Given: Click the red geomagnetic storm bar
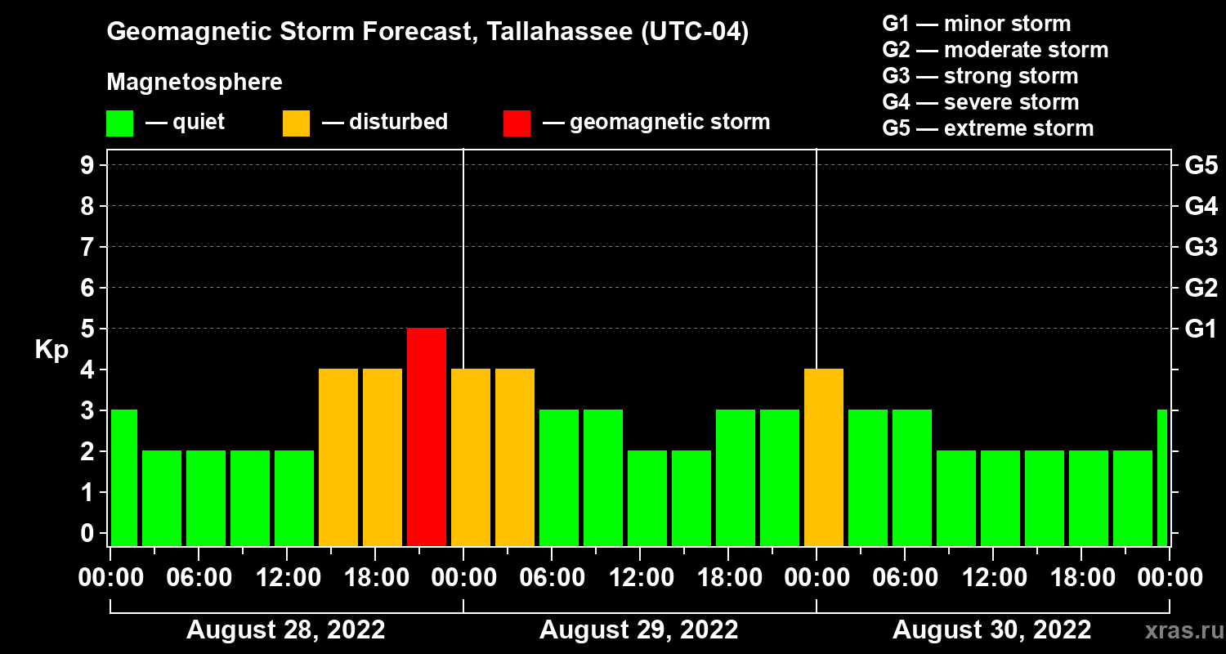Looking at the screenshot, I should click(x=427, y=437).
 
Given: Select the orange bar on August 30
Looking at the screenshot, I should click(x=824, y=457).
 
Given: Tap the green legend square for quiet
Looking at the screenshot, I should click(x=119, y=123).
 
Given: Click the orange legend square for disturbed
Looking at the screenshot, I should click(x=296, y=123).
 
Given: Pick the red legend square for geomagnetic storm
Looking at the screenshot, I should click(x=517, y=123).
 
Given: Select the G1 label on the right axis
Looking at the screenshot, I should click(x=1201, y=329).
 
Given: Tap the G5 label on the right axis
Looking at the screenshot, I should click(x=1201, y=166).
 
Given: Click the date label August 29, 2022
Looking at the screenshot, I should click(x=638, y=630).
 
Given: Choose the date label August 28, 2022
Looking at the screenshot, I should click(x=285, y=630).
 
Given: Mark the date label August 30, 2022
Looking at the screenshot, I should click(x=991, y=630).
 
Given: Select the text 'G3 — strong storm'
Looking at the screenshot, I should click(x=980, y=76).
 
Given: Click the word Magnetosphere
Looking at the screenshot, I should click(x=195, y=83).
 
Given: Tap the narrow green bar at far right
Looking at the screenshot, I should click(x=1162, y=477).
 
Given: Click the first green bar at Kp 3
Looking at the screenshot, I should click(x=124, y=477).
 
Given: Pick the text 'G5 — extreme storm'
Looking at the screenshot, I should click(x=987, y=128).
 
